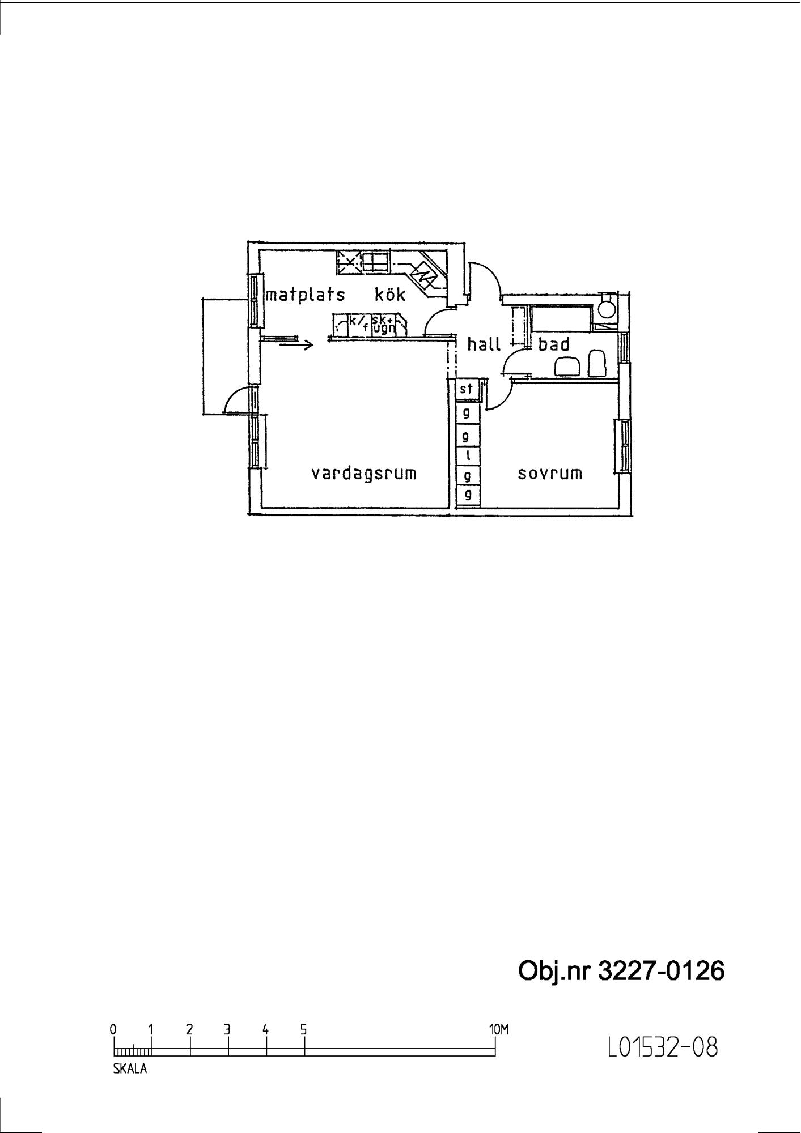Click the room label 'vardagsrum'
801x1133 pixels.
[x=363, y=474]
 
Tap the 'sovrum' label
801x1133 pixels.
[x=550, y=474]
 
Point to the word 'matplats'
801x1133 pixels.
[x=305, y=295]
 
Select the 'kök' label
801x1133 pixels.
[x=390, y=294]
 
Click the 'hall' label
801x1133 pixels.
[x=484, y=344]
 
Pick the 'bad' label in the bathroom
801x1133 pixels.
[x=554, y=344]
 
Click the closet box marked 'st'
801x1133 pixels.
[x=467, y=389]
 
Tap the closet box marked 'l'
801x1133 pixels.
[x=468, y=455]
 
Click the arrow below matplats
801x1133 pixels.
[x=296, y=344]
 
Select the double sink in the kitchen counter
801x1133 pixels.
[x=376, y=261]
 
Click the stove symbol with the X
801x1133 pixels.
[x=349, y=261]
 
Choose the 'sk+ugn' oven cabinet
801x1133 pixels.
[x=383, y=324]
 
